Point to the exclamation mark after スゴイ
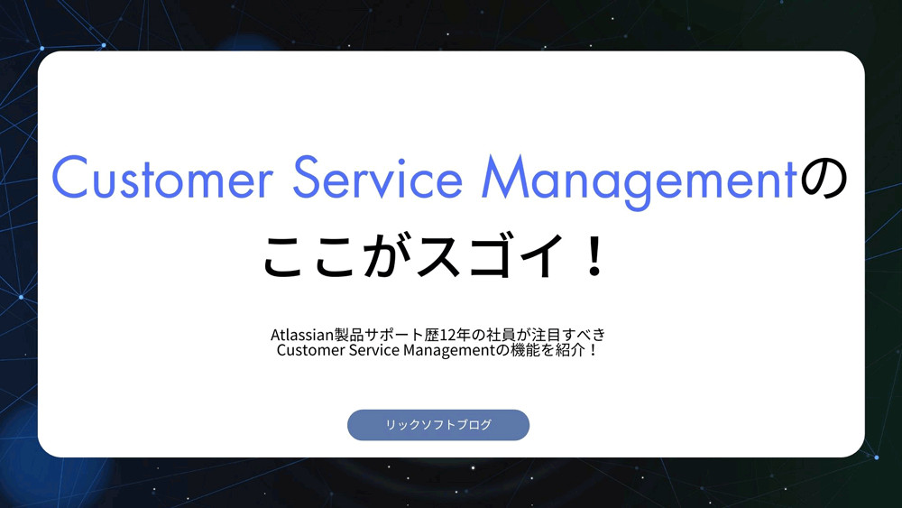coord(593,255)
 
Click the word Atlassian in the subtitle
coord(300,335)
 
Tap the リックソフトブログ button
coord(438,425)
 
